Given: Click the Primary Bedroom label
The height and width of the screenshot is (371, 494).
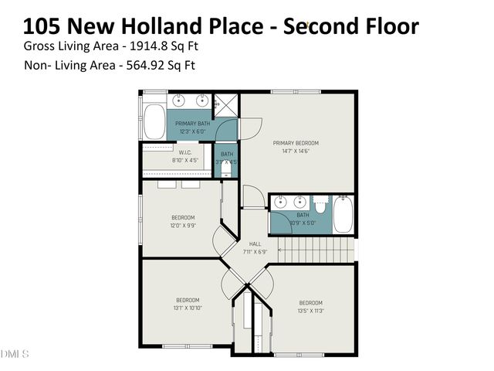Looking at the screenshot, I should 296,143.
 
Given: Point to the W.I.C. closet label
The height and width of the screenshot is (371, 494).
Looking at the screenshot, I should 184,152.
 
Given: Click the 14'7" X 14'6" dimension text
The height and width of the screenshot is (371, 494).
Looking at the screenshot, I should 296,151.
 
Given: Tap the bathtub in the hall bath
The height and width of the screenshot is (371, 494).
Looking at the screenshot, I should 343,215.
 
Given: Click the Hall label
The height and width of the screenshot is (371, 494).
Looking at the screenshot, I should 255,243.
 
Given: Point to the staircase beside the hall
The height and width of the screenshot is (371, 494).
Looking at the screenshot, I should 316,250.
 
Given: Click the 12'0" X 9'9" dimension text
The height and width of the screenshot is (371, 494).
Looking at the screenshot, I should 183,226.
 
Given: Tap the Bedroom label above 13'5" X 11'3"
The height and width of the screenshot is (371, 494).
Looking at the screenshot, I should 310,302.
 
